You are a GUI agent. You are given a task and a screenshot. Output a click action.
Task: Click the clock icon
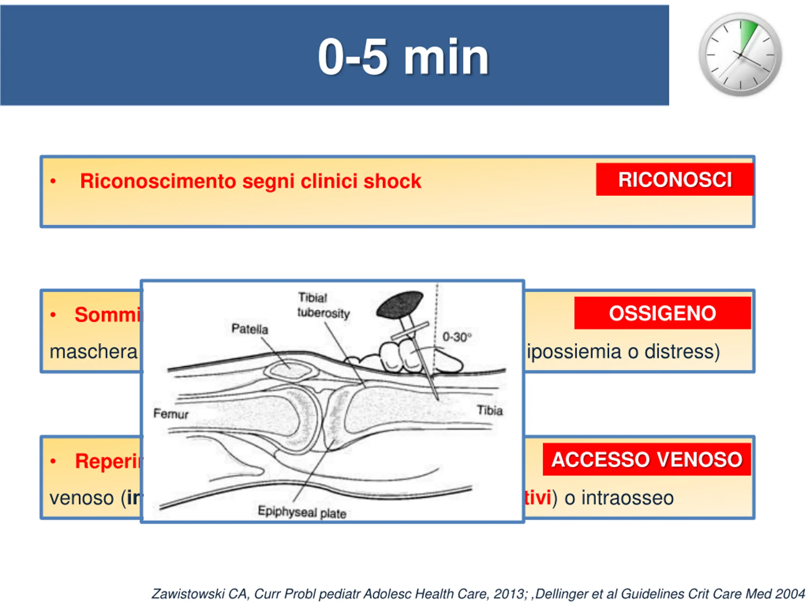[x=740, y=55]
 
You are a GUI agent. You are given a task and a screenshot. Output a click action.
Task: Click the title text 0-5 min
[x=403, y=57]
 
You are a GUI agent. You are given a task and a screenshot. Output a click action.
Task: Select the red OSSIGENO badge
[x=662, y=313]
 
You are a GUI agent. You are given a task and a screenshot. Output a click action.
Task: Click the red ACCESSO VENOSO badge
[x=646, y=459]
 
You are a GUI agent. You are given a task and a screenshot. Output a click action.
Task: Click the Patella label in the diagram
[x=250, y=329]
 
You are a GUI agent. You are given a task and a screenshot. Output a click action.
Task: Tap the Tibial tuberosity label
[x=323, y=306]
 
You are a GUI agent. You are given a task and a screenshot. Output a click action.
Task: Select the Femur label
[x=170, y=413]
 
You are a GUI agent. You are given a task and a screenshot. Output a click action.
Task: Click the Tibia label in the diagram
[x=490, y=410]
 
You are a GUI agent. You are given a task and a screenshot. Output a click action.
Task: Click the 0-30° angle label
[x=457, y=337]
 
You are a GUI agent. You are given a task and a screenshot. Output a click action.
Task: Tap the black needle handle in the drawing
[x=400, y=304]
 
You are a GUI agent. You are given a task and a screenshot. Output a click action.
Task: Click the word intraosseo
[x=627, y=498]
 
